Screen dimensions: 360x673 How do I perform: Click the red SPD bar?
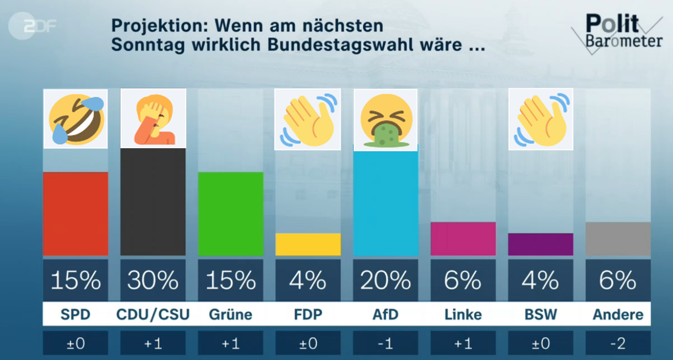point(76,213)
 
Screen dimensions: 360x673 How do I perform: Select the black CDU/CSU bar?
point(153,202)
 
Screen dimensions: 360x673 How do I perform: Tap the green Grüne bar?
point(231,213)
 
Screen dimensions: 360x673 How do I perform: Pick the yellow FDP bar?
point(308,244)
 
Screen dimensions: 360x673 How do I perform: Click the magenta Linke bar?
point(463,239)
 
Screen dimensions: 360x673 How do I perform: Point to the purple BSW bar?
point(540,244)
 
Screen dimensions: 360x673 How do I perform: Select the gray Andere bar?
point(618,239)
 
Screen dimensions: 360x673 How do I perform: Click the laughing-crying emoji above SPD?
point(76,119)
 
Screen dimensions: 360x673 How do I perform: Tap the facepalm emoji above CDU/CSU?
point(153,119)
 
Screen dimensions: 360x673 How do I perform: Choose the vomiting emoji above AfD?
point(386,120)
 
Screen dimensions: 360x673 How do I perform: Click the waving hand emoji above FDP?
point(308,120)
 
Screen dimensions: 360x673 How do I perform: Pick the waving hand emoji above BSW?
point(541,120)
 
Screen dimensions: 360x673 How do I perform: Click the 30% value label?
point(153,280)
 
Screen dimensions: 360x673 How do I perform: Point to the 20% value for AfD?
point(386,280)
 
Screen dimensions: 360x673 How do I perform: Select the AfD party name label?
point(386,314)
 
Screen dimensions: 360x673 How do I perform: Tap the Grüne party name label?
point(231,314)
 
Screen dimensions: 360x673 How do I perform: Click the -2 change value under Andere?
point(618,343)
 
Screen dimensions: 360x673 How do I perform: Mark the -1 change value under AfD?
point(386,343)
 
